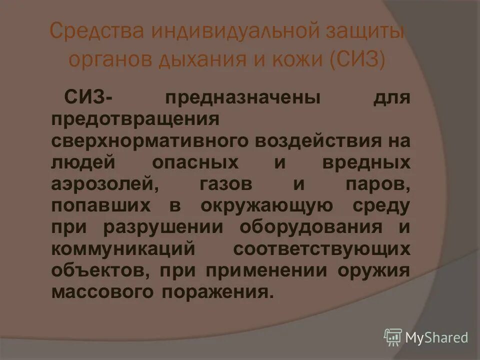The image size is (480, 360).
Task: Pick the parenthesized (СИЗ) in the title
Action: click(x=357, y=60)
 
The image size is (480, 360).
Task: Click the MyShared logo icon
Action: click(x=392, y=337)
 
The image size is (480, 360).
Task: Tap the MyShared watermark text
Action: click(x=436, y=338)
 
